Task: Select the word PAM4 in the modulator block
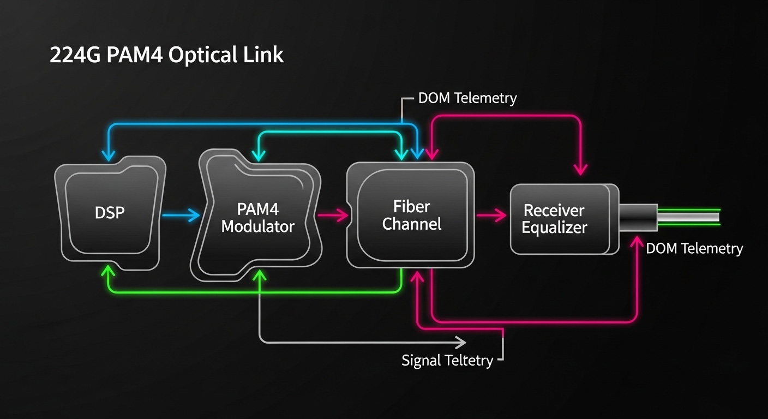coord(257,209)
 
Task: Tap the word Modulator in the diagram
coord(257,226)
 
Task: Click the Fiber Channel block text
coord(411,214)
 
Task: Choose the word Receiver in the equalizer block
coord(554,210)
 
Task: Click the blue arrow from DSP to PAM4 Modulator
coord(182,216)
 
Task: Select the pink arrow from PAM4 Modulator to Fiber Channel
coord(333,216)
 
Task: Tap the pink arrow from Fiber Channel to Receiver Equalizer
coord(491,216)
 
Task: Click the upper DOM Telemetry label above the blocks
coord(467,99)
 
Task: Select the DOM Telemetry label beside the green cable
coord(694,249)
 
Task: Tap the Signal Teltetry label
coord(447,360)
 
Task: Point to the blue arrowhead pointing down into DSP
coord(109,154)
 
